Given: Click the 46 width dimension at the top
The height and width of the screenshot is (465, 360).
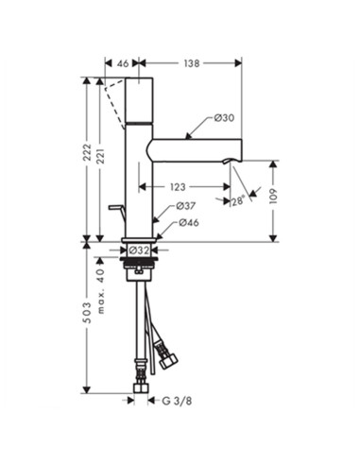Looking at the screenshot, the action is [x=123, y=63].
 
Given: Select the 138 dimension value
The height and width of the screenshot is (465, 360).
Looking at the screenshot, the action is [x=192, y=63].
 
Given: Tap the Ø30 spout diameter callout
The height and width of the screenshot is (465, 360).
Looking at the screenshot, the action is [x=224, y=118].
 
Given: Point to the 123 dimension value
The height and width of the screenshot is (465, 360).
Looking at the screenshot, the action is [x=178, y=187].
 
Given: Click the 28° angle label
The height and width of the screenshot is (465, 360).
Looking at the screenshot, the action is [x=238, y=200].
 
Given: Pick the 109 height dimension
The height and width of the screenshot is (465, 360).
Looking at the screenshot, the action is [x=273, y=197].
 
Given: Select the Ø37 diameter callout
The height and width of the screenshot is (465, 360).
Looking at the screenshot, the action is [x=186, y=206].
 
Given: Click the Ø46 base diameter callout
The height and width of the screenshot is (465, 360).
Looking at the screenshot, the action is [x=189, y=223].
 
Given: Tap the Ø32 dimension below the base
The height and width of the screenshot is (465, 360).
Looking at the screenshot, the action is [x=139, y=250].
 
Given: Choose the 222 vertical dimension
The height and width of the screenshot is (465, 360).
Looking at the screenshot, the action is [x=87, y=152].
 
